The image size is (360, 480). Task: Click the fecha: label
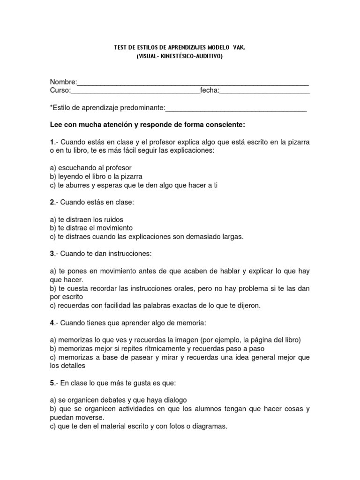[x=210, y=90]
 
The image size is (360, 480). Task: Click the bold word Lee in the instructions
[x=56, y=125]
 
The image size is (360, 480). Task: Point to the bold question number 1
[x=52, y=142]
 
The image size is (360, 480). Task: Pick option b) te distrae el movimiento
[x=91, y=228]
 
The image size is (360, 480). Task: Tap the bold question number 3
[x=52, y=254]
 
